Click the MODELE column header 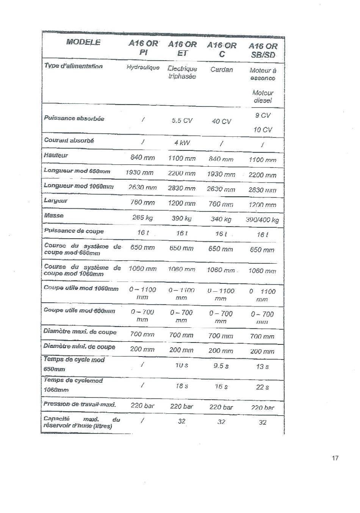[x=83, y=42]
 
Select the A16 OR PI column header [x=143, y=48]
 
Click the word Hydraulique [x=143, y=67]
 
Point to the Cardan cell [x=222, y=70]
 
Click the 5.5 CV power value [x=182, y=120]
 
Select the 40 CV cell [x=221, y=121]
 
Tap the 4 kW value [x=182, y=143]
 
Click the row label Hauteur [x=56, y=155]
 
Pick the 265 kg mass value [x=142, y=217]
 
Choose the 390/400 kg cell [x=262, y=220]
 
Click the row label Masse [x=54, y=216]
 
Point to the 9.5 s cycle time [x=221, y=366]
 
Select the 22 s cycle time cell [x=262, y=387]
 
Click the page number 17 [x=335, y=458]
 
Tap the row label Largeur [x=56, y=200]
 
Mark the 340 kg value [x=221, y=219]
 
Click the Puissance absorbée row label [x=74, y=118]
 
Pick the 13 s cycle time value [x=262, y=367]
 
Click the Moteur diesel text [x=263, y=97]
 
